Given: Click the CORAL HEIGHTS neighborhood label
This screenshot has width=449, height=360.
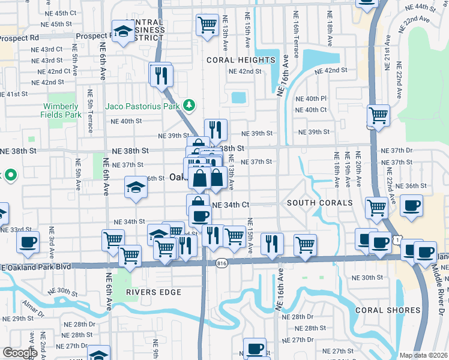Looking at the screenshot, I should (x=241, y=60).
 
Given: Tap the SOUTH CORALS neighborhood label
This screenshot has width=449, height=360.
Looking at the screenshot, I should (x=319, y=203).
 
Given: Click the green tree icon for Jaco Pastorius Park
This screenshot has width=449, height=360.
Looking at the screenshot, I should (x=190, y=106).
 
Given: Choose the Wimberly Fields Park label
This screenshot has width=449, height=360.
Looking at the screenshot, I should (x=61, y=110).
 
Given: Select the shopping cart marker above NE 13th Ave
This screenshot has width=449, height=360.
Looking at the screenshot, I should (x=207, y=25).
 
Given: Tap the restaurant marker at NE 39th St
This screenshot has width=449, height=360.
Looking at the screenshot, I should (x=215, y=130).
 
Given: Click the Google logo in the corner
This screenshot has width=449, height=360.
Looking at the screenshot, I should (x=20, y=353).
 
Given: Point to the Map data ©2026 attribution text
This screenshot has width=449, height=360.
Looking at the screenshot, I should (x=423, y=355).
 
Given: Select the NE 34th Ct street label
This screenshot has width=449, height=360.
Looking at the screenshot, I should (x=231, y=205).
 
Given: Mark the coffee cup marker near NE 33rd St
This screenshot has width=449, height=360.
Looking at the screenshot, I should (x=28, y=242).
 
